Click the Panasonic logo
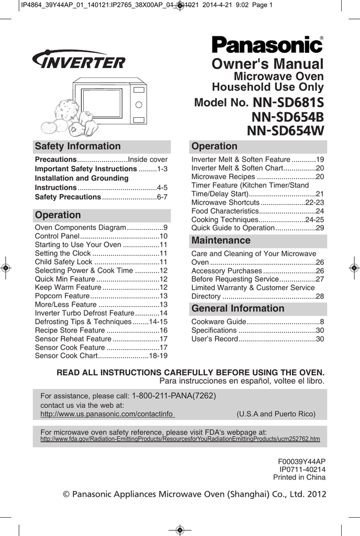267,45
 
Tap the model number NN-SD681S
288,103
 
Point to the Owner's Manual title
268,64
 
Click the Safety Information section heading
77,147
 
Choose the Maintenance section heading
221,241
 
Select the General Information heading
238,308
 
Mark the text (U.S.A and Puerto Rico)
276,414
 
